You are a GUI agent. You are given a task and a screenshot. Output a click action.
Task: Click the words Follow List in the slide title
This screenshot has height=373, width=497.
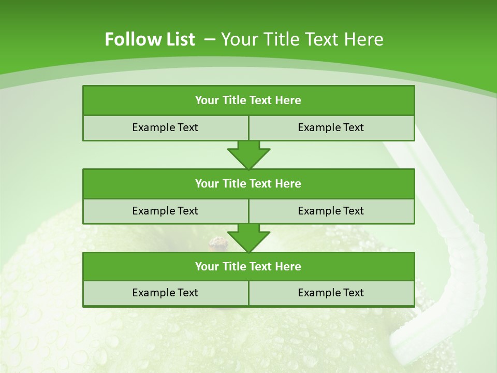point(150,39)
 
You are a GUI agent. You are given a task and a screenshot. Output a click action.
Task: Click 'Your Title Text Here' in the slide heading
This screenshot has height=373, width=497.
point(302,39)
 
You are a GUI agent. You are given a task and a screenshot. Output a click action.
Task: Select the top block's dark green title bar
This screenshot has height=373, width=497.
point(248,101)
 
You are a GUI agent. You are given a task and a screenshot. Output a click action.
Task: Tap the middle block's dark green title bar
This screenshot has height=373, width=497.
point(248,183)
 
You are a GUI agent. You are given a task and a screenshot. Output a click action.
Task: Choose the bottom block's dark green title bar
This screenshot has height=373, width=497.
point(248,266)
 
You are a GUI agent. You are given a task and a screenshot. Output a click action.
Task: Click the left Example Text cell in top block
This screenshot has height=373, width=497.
point(165,127)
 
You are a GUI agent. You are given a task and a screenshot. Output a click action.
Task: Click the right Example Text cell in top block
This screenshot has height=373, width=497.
point(331,127)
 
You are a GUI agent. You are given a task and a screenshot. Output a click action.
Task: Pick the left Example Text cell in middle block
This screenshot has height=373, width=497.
point(165,211)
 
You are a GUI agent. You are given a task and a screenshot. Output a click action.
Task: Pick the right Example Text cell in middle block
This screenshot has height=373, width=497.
point(331,211)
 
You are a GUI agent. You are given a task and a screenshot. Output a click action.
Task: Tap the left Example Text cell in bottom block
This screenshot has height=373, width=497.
point(165,293)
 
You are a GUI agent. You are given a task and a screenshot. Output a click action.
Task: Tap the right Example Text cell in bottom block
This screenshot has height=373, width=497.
point(331,293)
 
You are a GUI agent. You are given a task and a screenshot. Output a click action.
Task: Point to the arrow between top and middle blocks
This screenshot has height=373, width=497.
point(248,155)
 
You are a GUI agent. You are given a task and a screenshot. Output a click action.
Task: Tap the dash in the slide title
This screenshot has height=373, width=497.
point(210,39)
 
